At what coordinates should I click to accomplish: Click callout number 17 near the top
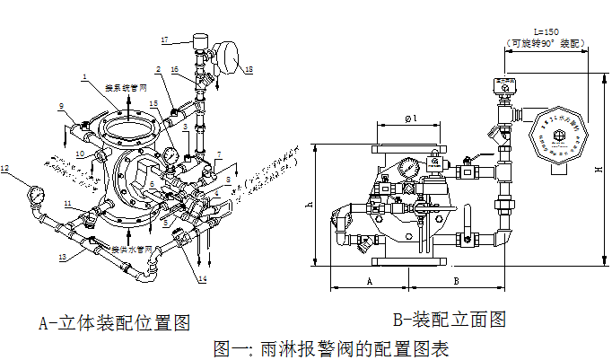[x=164, y=40]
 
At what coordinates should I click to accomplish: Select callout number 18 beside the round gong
[x=249, y=69]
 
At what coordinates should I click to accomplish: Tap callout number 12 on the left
[x=5, y=167]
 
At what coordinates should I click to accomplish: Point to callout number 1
[x=83, y=77]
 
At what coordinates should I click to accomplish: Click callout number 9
[x=62, y=107]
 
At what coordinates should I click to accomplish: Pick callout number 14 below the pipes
[x=202, y=279]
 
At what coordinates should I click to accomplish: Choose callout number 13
[x=62, y=257]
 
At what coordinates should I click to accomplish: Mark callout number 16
[x=175, y=69]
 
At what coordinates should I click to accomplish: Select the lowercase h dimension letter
[x=310, y=204]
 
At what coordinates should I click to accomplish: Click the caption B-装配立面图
[x=450, y=319]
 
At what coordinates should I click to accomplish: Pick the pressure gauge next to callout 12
[x=36, y=193]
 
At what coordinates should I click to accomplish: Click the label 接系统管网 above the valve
[x=127, y=87]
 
